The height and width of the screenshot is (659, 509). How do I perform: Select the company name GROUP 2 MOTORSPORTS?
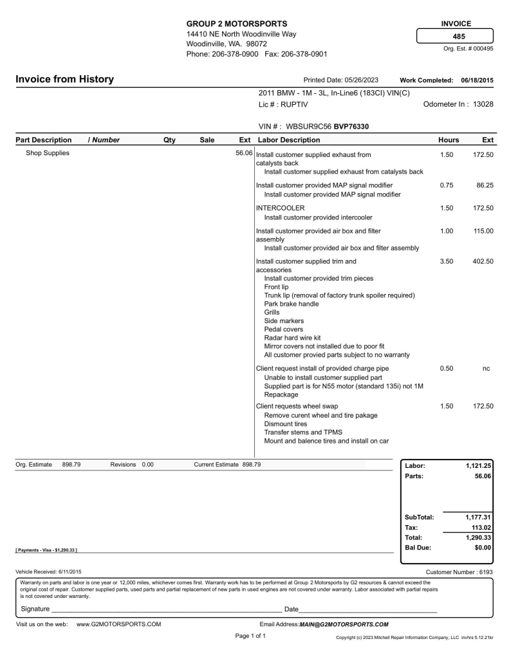coord(237,23)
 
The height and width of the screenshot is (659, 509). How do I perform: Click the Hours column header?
coord(449,140)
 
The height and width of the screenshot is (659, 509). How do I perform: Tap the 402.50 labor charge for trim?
coord(479,261)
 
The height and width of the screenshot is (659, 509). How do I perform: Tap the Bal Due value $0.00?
coord(481,548)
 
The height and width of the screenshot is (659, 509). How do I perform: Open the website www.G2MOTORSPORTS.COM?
coord(118,624)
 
